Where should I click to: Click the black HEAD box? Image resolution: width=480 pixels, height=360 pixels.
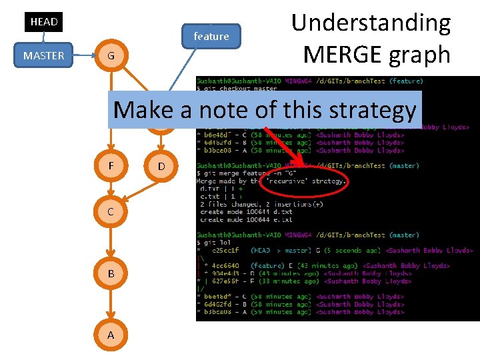pyautogui.click(x=44, y=22)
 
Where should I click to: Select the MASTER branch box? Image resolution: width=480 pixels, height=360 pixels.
pyautogui.click(x=43, y=55)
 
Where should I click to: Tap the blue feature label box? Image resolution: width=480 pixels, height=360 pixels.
pyautogui.click(x=211, y=36)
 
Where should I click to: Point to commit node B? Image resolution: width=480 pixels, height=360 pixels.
pyautogui.click(x=111, y=273)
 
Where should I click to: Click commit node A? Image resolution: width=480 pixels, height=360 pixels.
pyautogui.click(x=111, y=335)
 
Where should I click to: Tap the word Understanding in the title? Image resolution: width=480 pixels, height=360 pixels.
pyautogui.click(x=371, y=23)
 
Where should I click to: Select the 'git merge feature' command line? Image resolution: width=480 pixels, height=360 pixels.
pyautogui.click(x=240, y=173)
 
